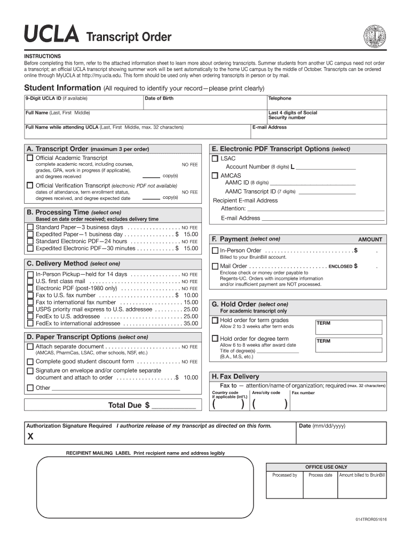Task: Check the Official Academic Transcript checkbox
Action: pyautogui.click(x=30, y=158)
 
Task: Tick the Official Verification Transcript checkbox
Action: pyautogui.click(x=30, y=186)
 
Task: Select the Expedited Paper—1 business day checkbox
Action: pyautogui.click(x=30, y=234)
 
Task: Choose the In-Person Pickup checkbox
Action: pyautogui.click(x=30, y=274)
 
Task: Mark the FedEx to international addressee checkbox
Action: pyautogui.click(x=30, y=323)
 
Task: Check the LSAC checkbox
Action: pyautogui.click(x=215, y=159)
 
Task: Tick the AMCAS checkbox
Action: pyautogui.click(x=215, y=175)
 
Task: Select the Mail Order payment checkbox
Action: pyautogui.click(x=215, y=266)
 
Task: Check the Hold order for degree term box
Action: pyautogui.click(x=215, y=339)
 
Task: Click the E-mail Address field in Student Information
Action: pyautogui.click(x=318, y=133)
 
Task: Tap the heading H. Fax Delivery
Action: pyautogui.click(x=235, y=376)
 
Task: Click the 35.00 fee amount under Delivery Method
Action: pyautogui.click(x=191, y=323)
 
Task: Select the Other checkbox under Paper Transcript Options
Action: pyautogui.click(x=30, y=388)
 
